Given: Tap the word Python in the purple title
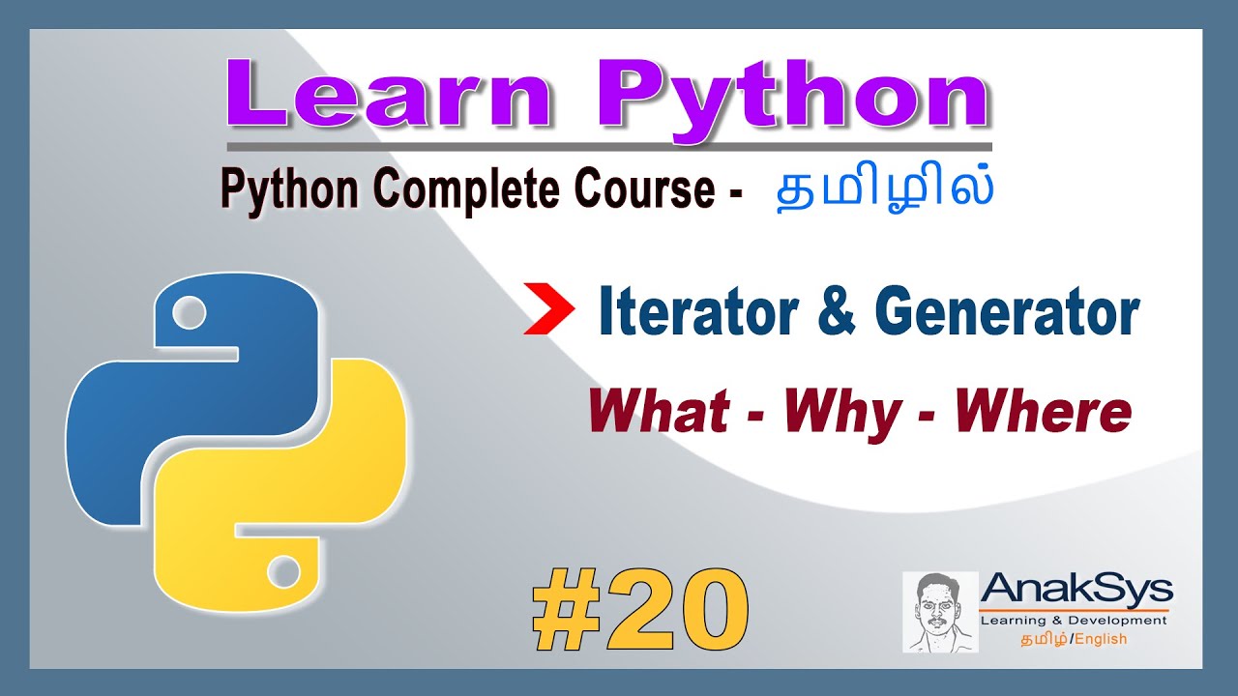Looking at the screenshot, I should (793, 97).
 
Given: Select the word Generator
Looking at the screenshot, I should (1007, 314).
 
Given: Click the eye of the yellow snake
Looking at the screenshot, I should (283, 571).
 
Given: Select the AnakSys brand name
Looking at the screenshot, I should (1076, 588).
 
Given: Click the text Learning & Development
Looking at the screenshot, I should (1074, 621).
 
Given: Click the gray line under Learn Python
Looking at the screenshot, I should (608, 146).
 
